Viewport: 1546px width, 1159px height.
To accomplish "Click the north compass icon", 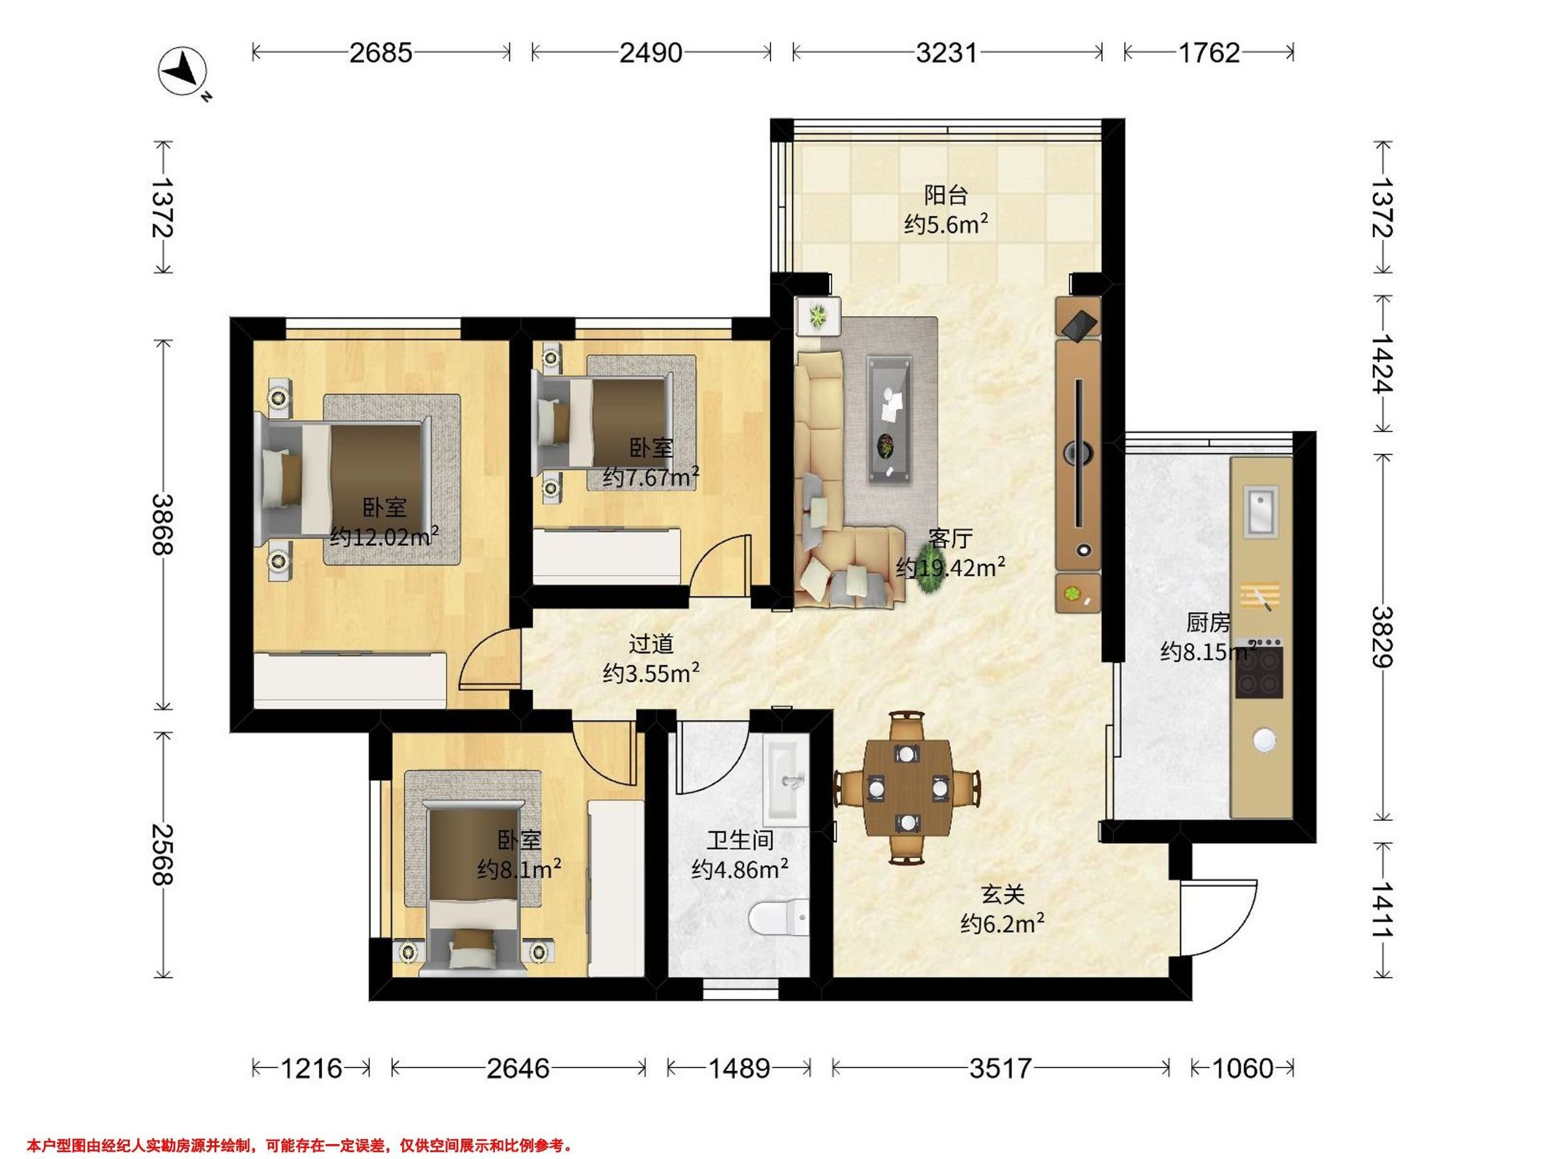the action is pos(184,73).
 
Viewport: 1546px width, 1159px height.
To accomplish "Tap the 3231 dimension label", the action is pos(946,53).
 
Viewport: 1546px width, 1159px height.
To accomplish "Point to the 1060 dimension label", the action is pos(1242,1068).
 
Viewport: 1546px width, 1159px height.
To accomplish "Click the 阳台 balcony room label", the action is pos(946,195).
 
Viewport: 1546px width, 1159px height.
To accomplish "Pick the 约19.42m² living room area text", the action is pos(951,567).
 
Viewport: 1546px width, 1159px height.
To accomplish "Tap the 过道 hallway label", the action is pos(651,643).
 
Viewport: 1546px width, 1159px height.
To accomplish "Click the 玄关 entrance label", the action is pos(1002,894).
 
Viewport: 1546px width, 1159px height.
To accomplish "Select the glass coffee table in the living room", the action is pos(890,419).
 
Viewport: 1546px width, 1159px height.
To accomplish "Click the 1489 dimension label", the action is pos(739,1068).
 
